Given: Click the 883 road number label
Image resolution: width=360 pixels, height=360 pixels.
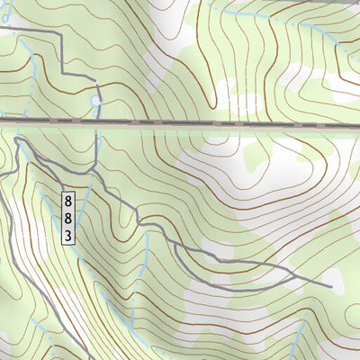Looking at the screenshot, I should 67,217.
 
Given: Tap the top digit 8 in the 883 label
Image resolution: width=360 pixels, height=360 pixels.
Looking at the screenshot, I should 67,198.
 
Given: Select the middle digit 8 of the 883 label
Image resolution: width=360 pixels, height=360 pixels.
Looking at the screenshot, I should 67,217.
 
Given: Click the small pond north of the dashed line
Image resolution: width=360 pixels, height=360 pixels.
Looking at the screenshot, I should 96,103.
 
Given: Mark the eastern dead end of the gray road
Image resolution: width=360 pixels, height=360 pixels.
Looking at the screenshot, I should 331,287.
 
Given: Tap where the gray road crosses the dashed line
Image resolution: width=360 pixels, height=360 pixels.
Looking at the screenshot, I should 96,121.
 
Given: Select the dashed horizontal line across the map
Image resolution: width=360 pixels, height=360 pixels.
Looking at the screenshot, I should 225,122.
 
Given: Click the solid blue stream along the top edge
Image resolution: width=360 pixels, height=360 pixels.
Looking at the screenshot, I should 261,15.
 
